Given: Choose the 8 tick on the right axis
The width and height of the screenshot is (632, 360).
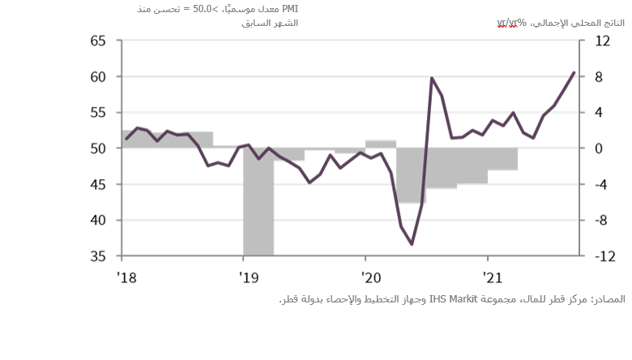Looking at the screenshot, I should tap(600, 77).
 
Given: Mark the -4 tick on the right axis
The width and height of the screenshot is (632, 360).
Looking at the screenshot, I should tap(600, 185).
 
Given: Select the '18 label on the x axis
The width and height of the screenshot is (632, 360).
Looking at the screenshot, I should tap(126, 278).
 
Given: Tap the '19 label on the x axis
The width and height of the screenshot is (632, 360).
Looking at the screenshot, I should tap(248, 278).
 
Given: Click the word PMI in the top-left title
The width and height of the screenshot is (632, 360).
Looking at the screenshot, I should tap(289, 8).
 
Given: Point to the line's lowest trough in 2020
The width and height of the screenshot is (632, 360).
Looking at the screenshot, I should tap(412, 243).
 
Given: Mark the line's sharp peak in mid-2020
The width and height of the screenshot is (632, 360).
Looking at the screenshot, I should tap(431, 79).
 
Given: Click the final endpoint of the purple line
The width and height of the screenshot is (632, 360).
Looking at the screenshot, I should tap(574, 72).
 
